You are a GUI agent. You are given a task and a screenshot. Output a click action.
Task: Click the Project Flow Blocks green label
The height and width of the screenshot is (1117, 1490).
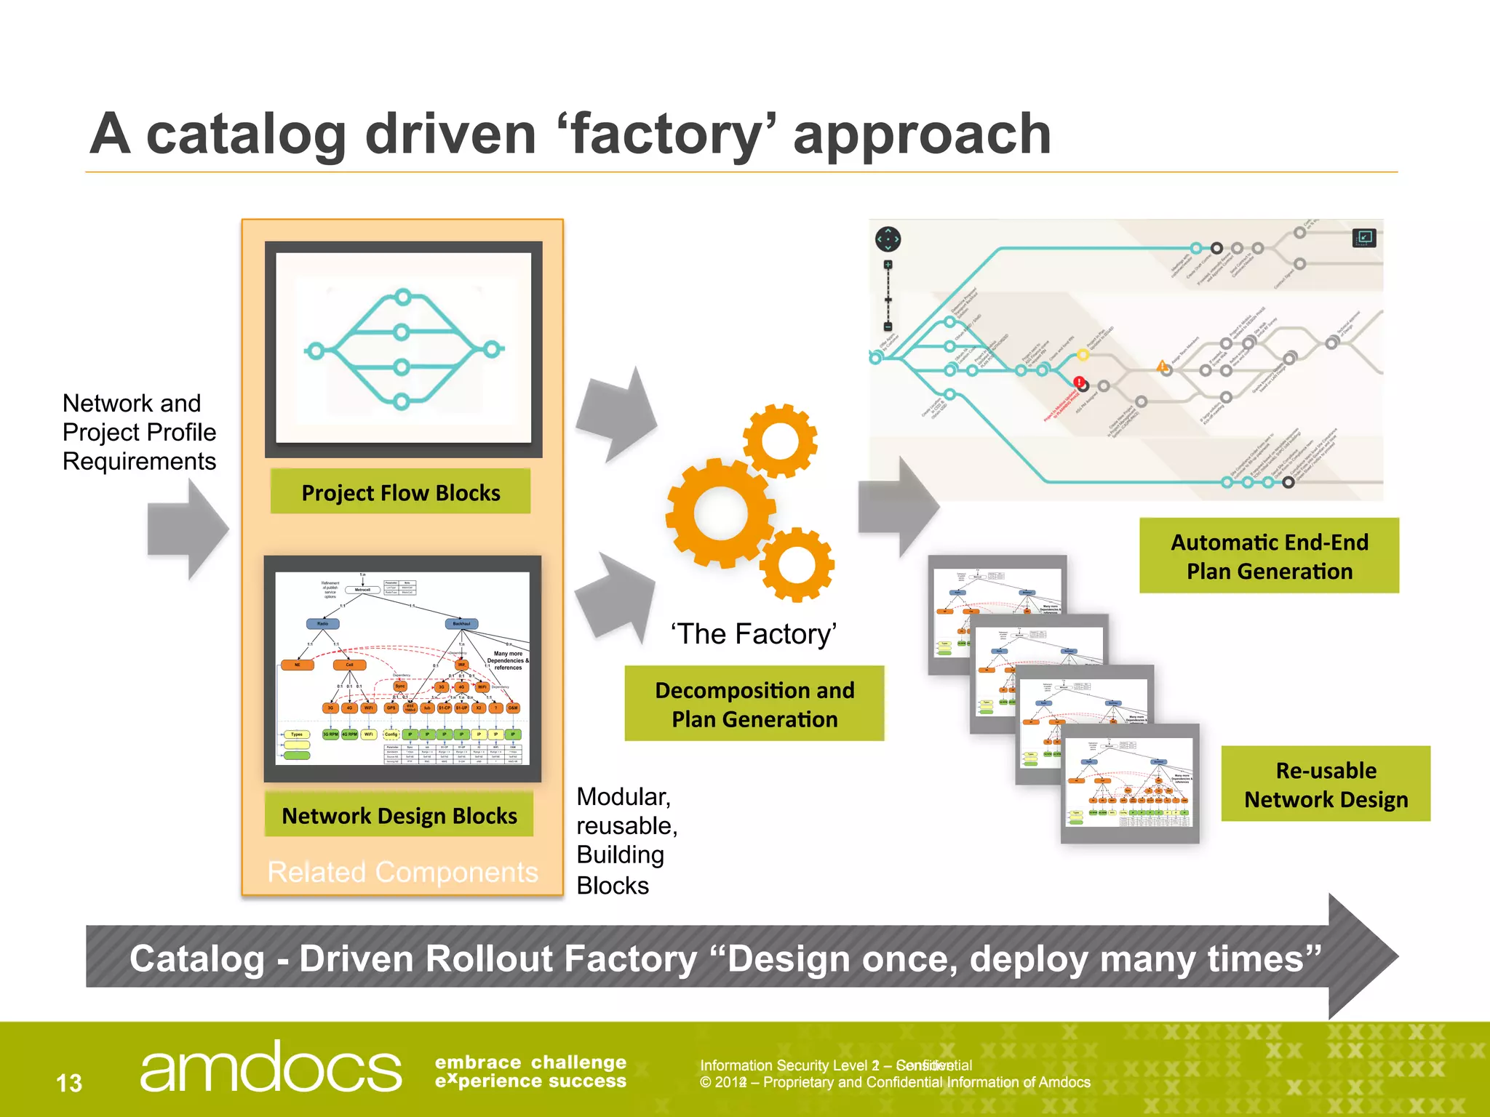point(400,492)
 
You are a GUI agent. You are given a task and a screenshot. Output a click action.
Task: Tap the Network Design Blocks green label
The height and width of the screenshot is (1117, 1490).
point(399,815)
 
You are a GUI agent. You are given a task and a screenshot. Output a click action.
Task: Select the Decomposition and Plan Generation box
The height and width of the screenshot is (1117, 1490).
point(754,704)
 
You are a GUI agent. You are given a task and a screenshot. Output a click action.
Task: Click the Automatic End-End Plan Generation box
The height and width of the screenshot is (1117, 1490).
point(1269,556)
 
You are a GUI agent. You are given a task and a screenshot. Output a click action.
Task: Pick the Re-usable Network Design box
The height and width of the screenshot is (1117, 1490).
point(1326,785)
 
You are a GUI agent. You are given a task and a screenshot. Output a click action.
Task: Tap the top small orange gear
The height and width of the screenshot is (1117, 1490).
point(780,441)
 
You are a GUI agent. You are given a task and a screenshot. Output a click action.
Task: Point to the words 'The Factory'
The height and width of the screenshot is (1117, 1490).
point(754,634)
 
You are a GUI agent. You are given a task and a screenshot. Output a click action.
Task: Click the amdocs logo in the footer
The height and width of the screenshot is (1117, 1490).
point(270,1068)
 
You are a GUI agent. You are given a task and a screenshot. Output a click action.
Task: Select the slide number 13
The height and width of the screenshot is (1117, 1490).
point(69,1083)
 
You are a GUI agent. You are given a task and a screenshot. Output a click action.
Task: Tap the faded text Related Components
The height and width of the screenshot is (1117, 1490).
point(402,872)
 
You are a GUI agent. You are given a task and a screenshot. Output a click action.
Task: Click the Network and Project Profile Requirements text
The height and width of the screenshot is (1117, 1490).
point(139,432)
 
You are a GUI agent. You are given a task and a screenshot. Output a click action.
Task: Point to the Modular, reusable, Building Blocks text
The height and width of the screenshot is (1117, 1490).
point(626,841)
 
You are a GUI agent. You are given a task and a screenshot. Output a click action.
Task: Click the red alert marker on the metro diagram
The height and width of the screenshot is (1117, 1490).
point(1080,382)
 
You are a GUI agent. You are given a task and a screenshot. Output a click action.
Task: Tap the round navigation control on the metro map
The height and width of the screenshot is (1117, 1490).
point(888,239)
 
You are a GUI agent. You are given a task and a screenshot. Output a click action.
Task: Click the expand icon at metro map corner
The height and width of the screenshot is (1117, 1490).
point(1364,237)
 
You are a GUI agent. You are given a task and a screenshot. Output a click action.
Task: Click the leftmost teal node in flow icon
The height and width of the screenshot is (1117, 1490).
point(315,351)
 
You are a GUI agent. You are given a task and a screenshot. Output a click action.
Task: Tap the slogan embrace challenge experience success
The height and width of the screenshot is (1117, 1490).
point(530,1072)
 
